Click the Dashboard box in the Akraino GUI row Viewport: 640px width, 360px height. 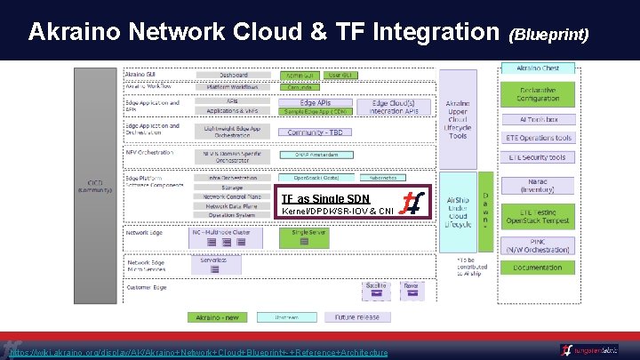point(234,75)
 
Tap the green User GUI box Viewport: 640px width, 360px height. point(341,75)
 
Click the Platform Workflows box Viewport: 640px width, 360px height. point(234,86)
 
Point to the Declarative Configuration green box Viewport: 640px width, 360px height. point(538,93)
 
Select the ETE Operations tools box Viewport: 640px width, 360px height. point(538,138)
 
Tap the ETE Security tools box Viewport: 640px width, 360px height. point(538,157)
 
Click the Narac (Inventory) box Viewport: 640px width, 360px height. point(538,184)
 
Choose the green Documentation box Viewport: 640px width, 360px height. point(538,267)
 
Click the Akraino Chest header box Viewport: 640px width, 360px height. point(538,68)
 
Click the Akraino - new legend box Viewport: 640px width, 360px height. point(217,316)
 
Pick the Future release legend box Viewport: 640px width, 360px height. point(356,316)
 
